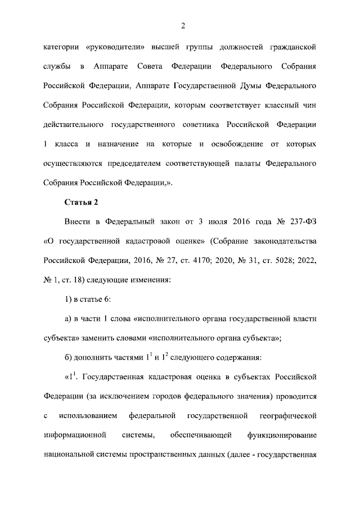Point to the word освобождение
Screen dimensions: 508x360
237,144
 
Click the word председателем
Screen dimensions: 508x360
135,163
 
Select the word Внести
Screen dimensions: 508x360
79,222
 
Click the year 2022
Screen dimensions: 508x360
307,260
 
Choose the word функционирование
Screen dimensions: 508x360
282,435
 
